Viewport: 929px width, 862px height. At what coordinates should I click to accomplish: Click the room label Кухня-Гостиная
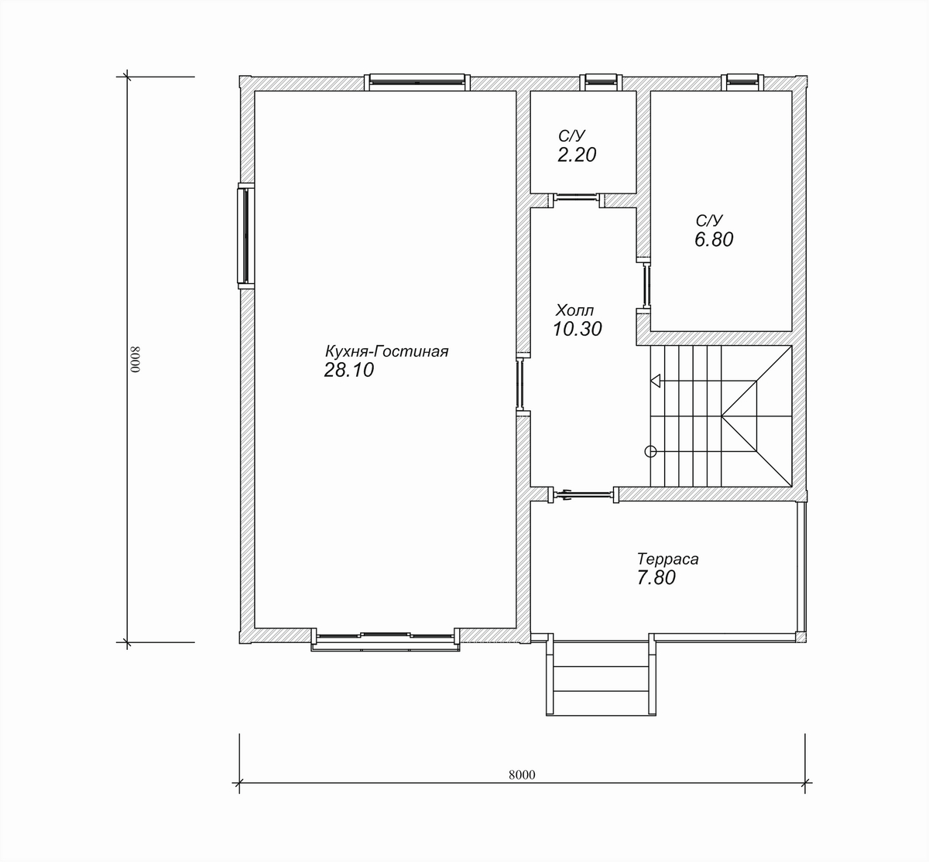click(x=387, y=351)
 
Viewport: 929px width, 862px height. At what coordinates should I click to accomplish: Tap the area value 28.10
click(x=349, y=370)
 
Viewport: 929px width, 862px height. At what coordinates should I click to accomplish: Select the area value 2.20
click(x=577, y=155)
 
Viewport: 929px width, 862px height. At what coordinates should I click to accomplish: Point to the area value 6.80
click(x=714, y=239)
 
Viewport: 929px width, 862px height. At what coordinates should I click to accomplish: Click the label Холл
click(x=575, y=310)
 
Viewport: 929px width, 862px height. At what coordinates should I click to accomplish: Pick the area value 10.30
click(x=578, y=329)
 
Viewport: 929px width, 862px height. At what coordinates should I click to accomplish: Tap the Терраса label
click(x=667, y=559)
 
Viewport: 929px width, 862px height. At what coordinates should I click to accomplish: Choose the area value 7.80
click(x=656, y=577)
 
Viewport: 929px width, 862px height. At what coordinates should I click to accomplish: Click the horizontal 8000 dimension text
click(x=522, y=775)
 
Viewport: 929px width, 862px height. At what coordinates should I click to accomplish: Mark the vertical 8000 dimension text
click(x=135, y=359)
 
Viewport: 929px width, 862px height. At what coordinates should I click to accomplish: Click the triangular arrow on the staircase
click(x=656, y=381)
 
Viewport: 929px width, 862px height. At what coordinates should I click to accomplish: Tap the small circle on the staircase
click(x=650, y=451)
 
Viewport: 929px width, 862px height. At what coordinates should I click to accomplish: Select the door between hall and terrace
click(x=583, y=494)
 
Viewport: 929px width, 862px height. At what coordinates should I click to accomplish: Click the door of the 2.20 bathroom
click(x=576, y=200)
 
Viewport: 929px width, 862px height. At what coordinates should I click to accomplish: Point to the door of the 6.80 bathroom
click(x=646, y=284)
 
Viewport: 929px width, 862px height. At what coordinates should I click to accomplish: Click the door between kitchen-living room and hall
click(x=519, y=383)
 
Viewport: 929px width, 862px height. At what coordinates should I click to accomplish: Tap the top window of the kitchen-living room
click(x=417, y=81)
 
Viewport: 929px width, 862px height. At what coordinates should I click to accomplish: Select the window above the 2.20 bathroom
click(x=601, y=81)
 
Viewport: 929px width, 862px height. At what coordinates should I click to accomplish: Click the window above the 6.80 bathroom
click(x=742, y=81)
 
